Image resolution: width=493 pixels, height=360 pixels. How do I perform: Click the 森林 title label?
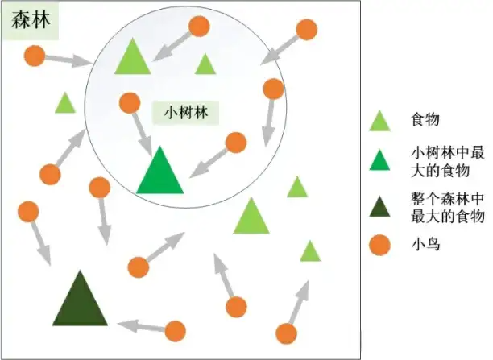click(x=31, y=21)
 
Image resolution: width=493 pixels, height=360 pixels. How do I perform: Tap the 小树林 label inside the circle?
click(x=186, y=112)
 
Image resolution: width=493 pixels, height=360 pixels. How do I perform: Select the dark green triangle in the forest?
click(x=80, y=300)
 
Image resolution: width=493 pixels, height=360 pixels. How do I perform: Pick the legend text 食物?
click(x=425, y=120)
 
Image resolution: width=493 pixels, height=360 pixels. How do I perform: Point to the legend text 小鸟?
click(x=425, y=245)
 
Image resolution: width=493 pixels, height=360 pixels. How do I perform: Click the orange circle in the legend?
click(x=379, y=245)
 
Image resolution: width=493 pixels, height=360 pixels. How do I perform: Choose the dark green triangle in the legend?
click(x=379, y=208)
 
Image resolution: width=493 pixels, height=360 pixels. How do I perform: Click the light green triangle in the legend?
click(x=379, y=121)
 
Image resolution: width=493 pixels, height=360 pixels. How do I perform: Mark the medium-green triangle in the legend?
click(x=379, y=161)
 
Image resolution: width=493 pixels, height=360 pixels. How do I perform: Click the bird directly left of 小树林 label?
click(x=129, y=102)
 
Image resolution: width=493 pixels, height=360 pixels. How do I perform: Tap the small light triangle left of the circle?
click(x=64, y=104)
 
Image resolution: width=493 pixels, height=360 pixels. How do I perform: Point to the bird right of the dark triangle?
click(x=175, y=330)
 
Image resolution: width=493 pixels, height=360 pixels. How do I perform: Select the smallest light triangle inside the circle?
click(x=205, y=64)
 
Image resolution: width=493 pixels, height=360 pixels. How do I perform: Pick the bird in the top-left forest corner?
click(x=34, y=56)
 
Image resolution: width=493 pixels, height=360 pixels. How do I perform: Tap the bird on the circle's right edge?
click(x=273, y=89)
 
